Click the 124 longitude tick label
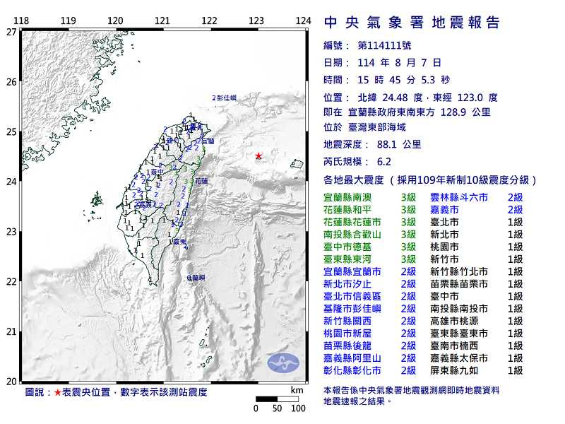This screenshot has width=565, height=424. point(303,20)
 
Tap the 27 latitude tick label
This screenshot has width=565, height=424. point(11,32)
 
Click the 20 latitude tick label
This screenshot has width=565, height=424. point(11,382)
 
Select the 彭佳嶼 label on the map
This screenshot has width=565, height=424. point(226,98)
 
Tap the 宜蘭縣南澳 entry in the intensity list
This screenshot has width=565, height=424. point(352,197)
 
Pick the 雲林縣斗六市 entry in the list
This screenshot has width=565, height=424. point(458,197)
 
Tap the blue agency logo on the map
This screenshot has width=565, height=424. point(282,363)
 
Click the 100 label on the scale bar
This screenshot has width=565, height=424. point(298,408)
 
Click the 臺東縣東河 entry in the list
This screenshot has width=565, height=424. point(352,259)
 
